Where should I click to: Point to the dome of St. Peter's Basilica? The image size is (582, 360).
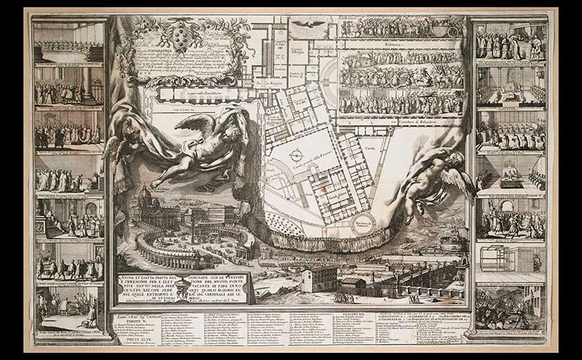(146, 196)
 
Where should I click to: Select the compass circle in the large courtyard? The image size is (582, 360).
(296, 153)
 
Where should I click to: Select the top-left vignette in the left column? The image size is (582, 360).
(68, 42)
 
